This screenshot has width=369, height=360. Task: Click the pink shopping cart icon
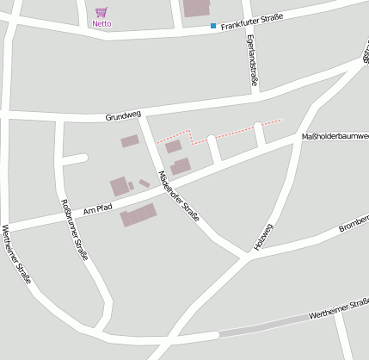click(x=101, y=12)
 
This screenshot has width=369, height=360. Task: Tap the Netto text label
click(x=101, y=23)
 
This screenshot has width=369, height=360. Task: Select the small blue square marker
click(x=213, y=26)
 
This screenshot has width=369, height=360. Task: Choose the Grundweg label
click(x=122, y=115)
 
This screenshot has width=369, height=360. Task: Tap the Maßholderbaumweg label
click(x=335, y=136)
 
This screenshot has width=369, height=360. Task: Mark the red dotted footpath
click(x=232, y=131)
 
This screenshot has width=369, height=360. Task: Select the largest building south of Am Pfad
click(x=139, y=214)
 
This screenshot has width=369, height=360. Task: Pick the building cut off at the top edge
click(x=196, y=8)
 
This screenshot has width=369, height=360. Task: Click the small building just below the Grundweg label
click(x=130, y=140)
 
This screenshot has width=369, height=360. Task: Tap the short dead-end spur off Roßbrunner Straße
click(x=76, y=158)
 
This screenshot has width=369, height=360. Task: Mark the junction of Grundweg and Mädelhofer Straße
click(x=140, y=114)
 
